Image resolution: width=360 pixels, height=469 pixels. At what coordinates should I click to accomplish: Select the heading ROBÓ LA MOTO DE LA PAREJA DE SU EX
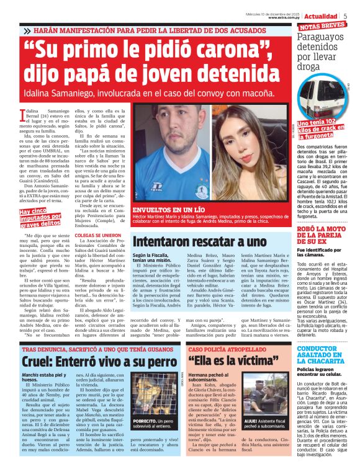pyautogui.click(x=322, y=235)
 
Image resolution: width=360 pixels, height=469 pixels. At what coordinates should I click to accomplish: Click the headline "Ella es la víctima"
pyautogui.click(x=225, y=362)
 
